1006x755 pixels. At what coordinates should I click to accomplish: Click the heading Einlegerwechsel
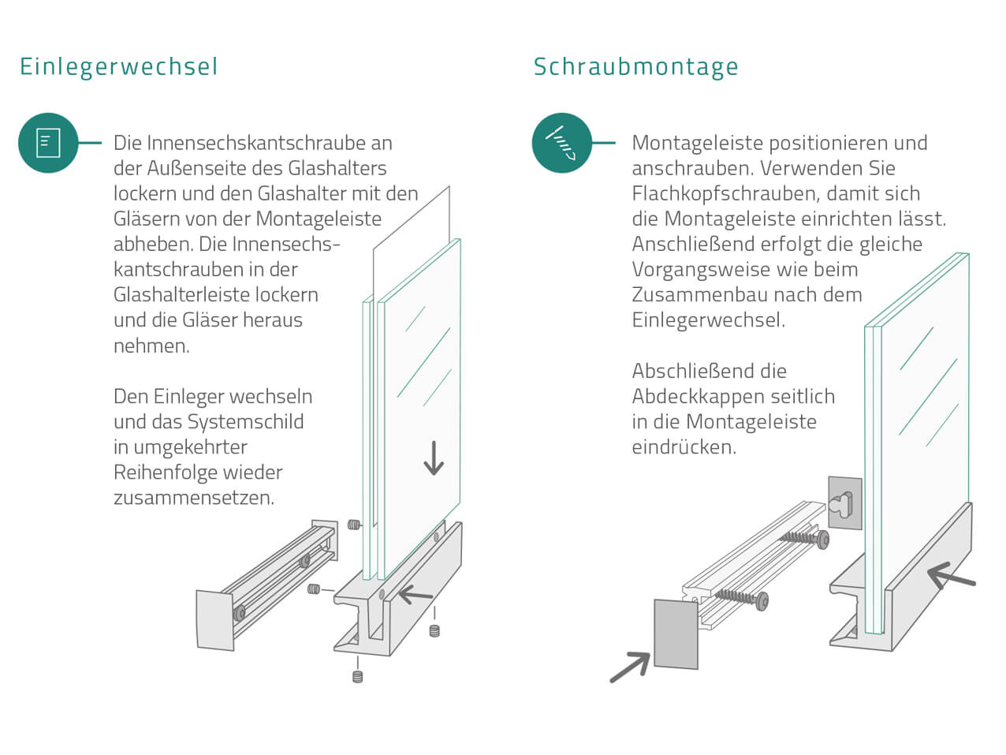tap(118, 66)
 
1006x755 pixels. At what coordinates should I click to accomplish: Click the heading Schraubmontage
tap(635, 66)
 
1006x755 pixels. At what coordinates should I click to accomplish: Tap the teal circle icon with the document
tap(48, 143)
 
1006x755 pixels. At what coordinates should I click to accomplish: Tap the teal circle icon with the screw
tap(561, 143)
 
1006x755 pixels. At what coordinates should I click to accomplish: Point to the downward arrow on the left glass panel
tap(433, 458)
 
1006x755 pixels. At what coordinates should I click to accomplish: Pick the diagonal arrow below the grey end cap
tap(630, 667)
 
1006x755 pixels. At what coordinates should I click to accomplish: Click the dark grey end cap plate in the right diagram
tap(676, 634)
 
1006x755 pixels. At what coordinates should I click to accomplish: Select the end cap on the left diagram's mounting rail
tap(215, 620)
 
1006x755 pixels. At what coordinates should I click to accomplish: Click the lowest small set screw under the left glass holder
tap(357, 676)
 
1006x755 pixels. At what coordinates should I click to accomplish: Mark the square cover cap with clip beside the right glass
tap(844, 503)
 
